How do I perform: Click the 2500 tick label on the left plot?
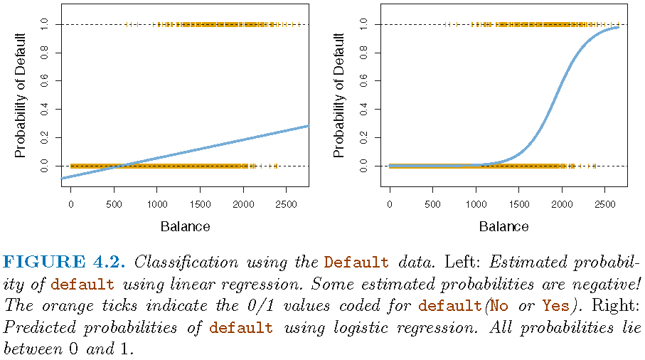(286, 206)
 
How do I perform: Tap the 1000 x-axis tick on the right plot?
(476, 206)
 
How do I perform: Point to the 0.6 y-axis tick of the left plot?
(45, 81)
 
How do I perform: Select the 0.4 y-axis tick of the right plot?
(363, 110)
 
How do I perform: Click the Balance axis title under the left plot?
(185, 227)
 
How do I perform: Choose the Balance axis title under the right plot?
(503, 227)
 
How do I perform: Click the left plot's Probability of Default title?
(21, 95)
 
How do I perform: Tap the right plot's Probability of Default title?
(340, 95)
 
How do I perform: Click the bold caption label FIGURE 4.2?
(65, 262)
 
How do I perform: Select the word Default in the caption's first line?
(356, 262)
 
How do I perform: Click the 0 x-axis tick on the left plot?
(70, 206)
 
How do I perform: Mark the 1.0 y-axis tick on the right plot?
(363, 24)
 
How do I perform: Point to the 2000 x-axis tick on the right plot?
(562, 206)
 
